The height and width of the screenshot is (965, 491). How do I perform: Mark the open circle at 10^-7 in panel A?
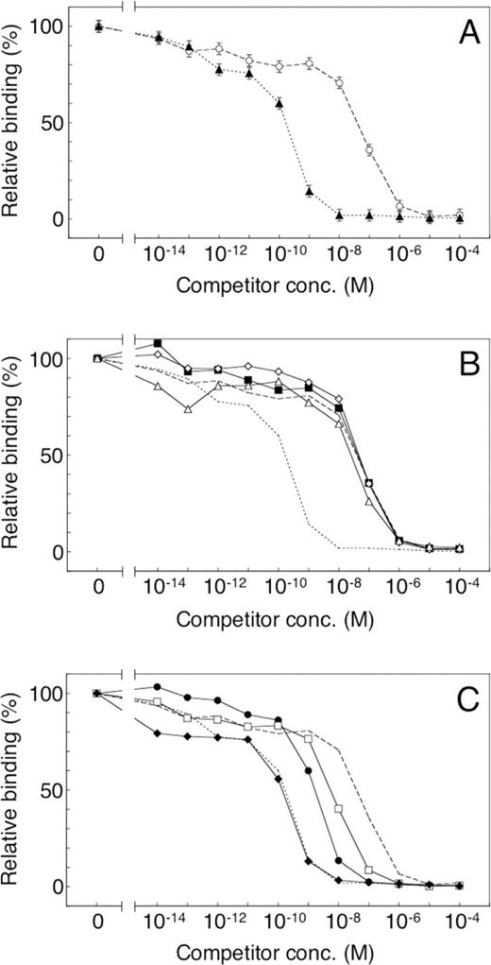pos(369,149)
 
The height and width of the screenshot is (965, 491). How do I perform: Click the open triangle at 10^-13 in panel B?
pos(188,409)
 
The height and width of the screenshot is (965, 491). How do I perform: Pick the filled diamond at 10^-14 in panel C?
pos(158,733)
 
